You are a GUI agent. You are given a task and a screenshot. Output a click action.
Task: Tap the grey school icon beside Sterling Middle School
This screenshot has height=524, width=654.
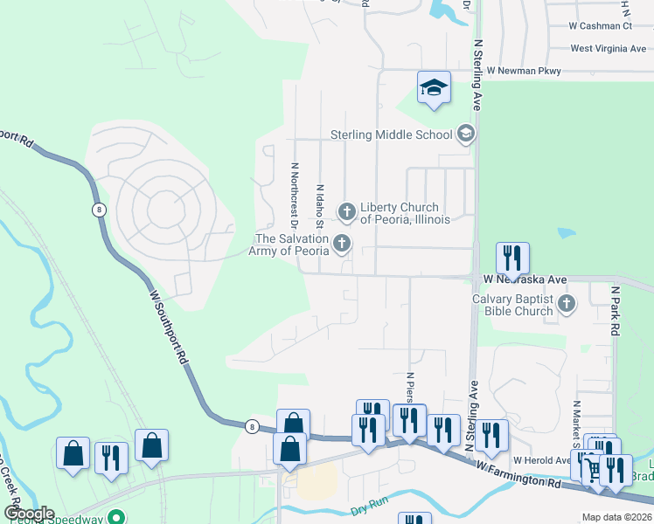[465, 134]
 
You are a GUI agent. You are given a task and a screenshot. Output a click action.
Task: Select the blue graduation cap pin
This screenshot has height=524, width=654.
[434, 87]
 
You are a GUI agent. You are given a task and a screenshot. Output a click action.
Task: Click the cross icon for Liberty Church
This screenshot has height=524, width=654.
[347, 210]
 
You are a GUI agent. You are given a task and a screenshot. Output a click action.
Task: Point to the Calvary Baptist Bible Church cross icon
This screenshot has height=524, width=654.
[567, 303]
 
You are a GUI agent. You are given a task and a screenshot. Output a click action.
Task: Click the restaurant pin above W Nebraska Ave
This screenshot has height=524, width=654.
[512, 258]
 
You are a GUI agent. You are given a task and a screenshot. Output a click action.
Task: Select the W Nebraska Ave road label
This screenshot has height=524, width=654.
[525, 279]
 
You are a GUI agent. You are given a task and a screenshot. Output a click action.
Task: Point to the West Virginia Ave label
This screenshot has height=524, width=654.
[608, 49]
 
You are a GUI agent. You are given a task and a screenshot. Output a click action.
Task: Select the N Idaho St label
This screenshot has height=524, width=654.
[321, 207]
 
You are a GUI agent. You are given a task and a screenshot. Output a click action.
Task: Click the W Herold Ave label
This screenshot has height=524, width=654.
[541, 460]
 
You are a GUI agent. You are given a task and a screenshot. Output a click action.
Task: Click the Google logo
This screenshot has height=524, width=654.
[29, 514]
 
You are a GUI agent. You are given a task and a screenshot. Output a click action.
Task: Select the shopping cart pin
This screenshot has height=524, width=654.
[595, 470]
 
